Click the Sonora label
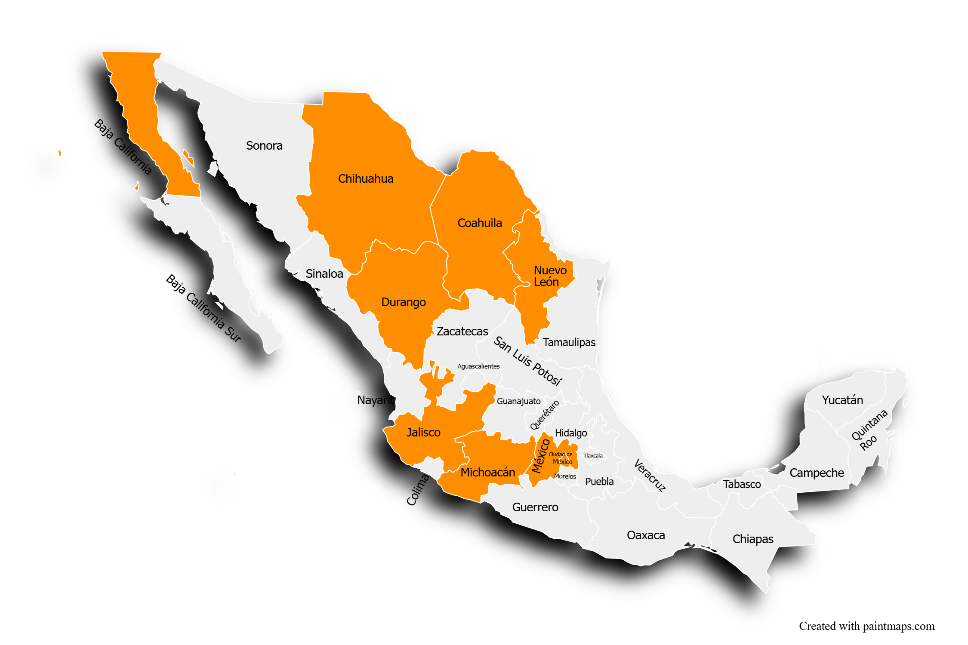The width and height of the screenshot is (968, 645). coord(264,146)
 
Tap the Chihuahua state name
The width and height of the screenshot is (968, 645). coord(366,179)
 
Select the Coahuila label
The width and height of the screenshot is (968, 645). coord(480,223)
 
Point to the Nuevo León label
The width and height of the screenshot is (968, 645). coord(550,276)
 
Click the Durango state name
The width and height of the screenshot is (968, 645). coord(403,302)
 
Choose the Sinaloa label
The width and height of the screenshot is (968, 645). coord(324,274)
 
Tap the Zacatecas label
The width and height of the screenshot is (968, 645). coord(462,332)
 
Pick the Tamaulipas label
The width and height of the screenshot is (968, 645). coord(569,343)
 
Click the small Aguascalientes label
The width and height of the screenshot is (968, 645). coord(478,366)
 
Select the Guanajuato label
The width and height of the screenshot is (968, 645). coord(518,401)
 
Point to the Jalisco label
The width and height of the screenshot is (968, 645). coord(423,433)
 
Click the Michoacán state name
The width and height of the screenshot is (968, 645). coord(487,473)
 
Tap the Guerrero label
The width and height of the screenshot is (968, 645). coord(535,507)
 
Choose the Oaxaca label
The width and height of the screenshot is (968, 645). coord(646,535)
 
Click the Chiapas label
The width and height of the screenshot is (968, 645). coord(753,539)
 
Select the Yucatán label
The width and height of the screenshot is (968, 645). coord(842,400)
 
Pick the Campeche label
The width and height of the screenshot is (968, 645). coord(817,473)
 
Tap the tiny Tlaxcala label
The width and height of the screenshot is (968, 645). coord(593,456)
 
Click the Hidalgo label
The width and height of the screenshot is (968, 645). coord(571,433)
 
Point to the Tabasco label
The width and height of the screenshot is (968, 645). coord(742,485)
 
